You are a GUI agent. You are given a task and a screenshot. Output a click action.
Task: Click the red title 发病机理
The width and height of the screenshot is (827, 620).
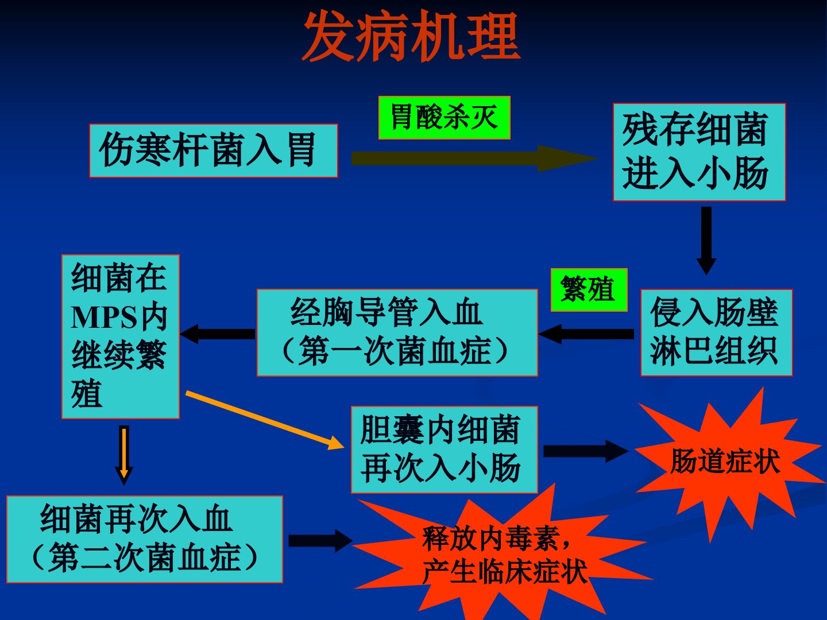point(411,36)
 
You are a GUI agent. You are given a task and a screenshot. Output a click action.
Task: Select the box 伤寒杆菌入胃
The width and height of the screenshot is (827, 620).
point(214,150)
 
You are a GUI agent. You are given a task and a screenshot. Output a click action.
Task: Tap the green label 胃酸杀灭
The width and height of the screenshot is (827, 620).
point(445,118)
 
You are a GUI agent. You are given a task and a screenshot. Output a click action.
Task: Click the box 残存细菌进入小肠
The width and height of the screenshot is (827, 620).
point(700,152)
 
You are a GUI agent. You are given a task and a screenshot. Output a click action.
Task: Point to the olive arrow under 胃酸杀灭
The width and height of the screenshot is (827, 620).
point(475,158)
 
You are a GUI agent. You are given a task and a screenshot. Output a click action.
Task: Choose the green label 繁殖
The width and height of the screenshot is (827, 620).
point(589,290)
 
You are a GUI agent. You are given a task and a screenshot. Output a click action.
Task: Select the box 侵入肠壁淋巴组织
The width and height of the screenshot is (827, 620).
point(717,332)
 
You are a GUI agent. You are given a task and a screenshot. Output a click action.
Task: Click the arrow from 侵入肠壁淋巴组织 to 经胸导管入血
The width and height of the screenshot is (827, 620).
point(586,334)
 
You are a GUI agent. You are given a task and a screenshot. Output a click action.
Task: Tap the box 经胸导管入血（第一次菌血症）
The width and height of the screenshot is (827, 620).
point(397,332)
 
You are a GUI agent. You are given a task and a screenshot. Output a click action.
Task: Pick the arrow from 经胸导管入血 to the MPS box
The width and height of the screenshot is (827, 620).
point(218,334)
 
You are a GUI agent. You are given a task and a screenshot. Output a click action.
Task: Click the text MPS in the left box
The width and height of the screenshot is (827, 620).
point(104,317)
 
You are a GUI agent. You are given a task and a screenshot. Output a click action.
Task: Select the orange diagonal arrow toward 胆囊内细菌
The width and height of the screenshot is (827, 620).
point(265,420)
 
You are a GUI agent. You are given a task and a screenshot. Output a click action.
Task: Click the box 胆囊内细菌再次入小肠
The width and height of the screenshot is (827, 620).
point(444,449)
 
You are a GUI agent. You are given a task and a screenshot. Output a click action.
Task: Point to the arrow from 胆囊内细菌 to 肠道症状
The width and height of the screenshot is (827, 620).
point(586,451)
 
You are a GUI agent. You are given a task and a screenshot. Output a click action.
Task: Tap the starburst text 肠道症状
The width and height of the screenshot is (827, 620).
point(725,462)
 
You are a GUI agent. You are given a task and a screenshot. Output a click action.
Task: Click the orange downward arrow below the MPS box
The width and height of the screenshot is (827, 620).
point(124,455)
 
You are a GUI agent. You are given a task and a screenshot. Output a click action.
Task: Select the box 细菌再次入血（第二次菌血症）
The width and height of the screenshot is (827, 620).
point(145,539)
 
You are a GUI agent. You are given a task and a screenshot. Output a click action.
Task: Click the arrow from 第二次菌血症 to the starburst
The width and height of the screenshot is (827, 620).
point(320,541)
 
